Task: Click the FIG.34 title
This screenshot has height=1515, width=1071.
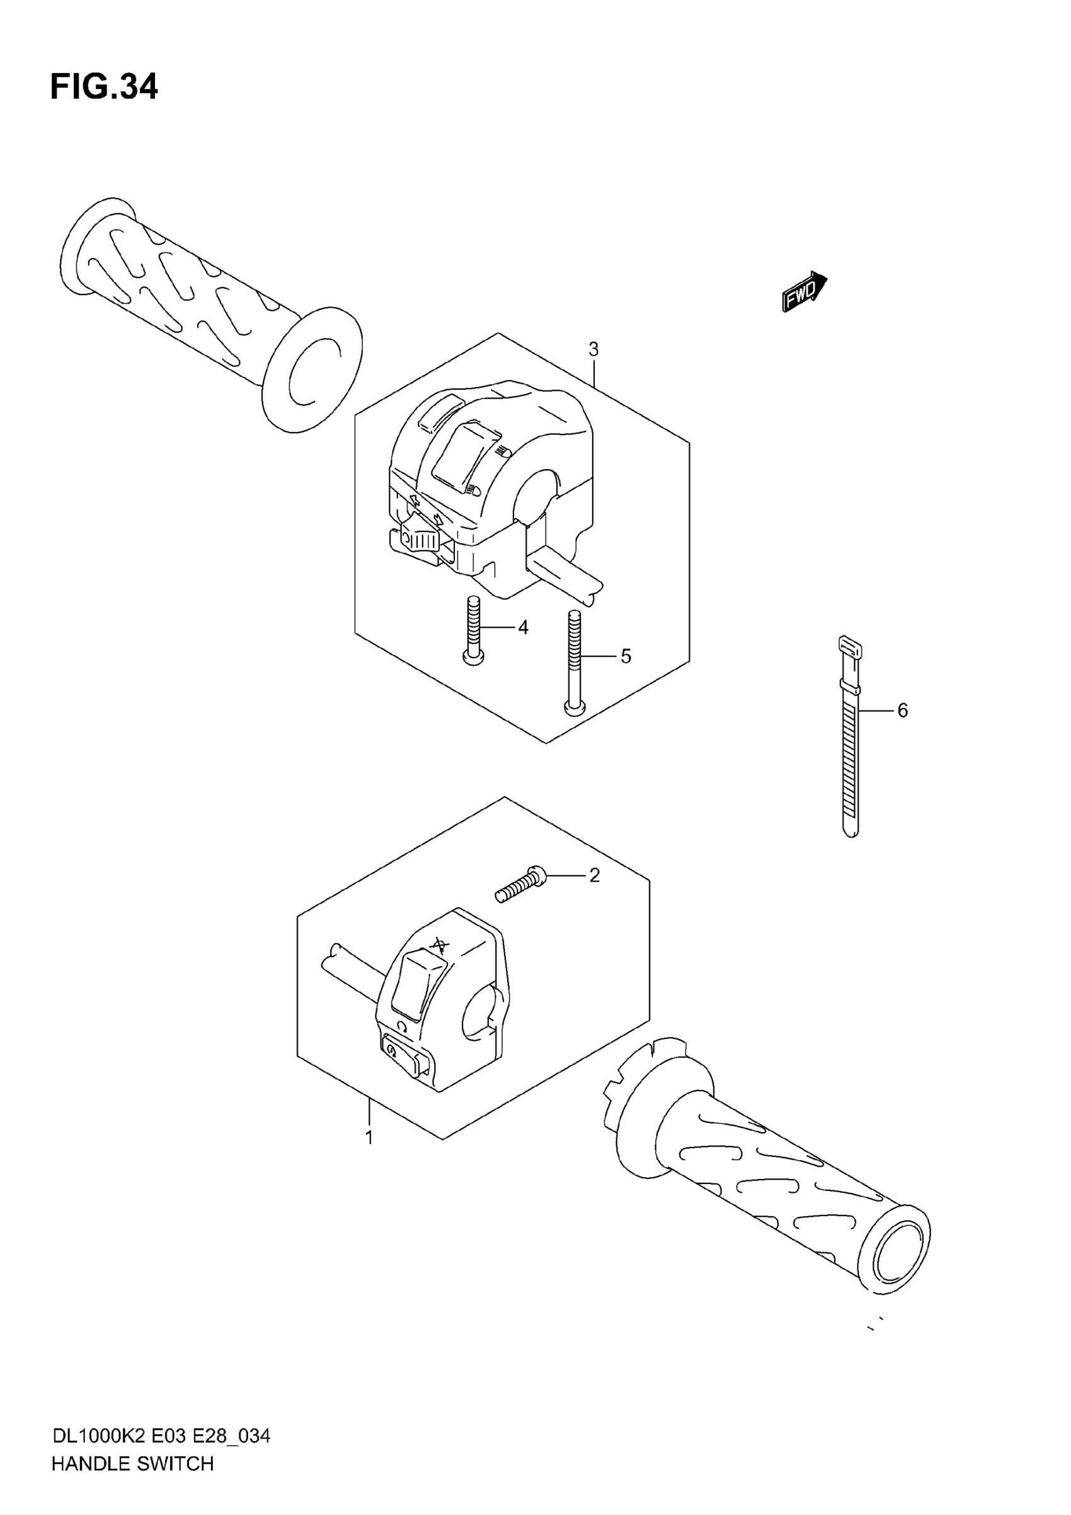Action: (104, 87)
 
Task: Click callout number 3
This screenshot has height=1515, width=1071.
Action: (593, 350)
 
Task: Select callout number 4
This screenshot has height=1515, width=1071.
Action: (523, 627)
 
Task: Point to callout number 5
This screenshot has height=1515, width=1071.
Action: (626, 656)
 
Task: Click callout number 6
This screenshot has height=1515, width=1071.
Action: (902, 711)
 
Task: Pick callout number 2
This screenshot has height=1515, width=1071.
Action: (594, 876)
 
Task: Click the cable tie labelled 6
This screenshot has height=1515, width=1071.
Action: (850, 739)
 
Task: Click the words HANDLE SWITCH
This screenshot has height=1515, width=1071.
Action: (132, 1463)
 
